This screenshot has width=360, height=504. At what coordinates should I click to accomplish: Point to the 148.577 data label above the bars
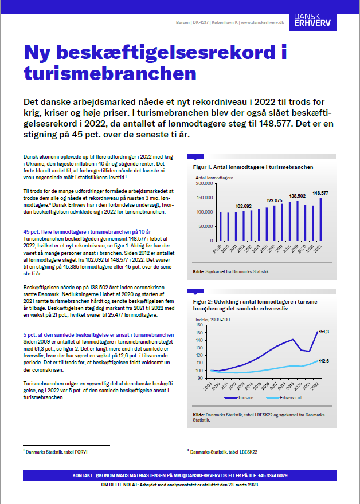point(320,193)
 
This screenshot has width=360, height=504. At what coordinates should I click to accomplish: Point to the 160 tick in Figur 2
point(199,325)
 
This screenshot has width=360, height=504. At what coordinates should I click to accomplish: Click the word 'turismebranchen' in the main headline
point(109,73)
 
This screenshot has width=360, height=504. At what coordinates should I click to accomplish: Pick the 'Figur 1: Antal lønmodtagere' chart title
point(252,167)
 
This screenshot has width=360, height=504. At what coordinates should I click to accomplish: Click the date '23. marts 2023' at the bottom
point(240,484)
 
